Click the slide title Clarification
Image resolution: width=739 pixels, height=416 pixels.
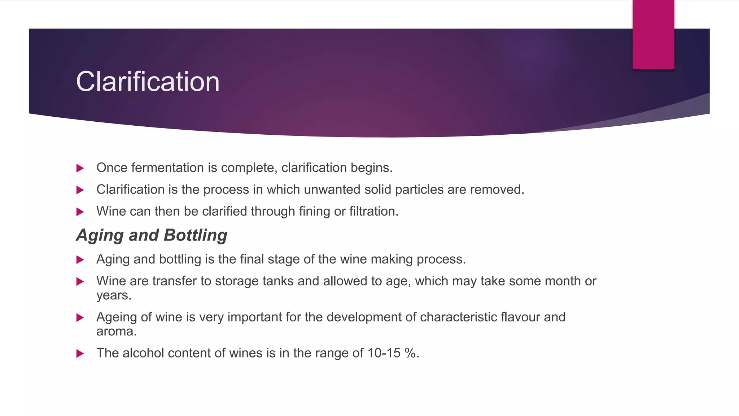[148, 82]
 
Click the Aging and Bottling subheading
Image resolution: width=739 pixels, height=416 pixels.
[152, 235]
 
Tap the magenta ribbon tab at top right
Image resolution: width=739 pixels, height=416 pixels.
[653, 34]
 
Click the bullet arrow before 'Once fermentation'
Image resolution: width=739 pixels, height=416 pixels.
[80, 168]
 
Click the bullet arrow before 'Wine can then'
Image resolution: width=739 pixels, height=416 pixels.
[80, 212]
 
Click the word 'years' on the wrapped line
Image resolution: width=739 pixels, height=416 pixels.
[113, 296]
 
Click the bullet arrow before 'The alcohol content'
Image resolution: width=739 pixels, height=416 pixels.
[80, 354]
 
